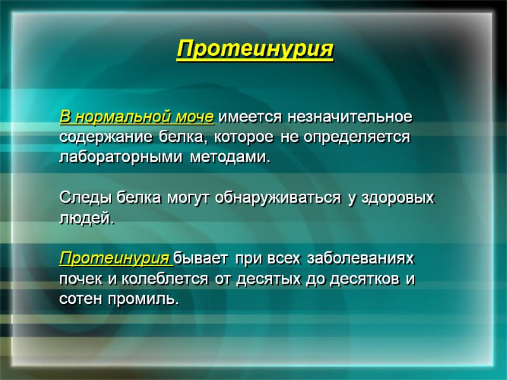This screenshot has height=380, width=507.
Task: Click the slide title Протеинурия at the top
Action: click(x=255, y=49)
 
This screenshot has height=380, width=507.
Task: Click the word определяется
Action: click(x=356, y=137)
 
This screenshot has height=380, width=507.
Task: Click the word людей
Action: click(x=87, y=219)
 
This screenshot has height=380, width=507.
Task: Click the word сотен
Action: click(x=80, y=298)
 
